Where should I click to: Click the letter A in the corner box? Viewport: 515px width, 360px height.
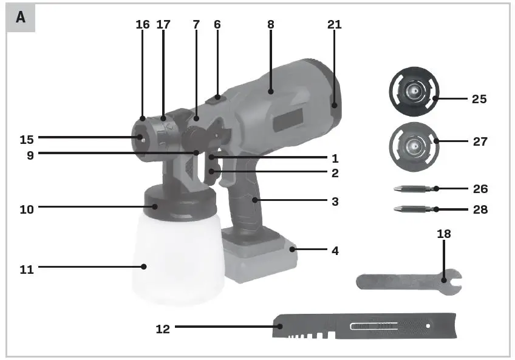(x=21, y=18)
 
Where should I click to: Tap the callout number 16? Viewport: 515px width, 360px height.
(x=143, y=25)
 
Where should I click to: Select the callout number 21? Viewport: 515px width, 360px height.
(x=335, y=25)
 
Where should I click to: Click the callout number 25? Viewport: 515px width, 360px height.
(x=479, y=99)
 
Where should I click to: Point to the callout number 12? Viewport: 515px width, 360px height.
(x=163, y=328)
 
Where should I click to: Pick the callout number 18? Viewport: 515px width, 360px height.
(x=444, y=234)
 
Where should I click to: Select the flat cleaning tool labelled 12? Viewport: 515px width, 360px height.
(x=364, y=327)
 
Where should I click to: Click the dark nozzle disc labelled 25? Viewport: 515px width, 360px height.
(x=413, y=91)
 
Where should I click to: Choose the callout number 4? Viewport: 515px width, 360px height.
(x=335, y=250)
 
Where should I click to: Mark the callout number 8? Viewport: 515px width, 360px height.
(x=270, y=25)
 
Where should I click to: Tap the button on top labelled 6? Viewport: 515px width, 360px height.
(x=217, y=98)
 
